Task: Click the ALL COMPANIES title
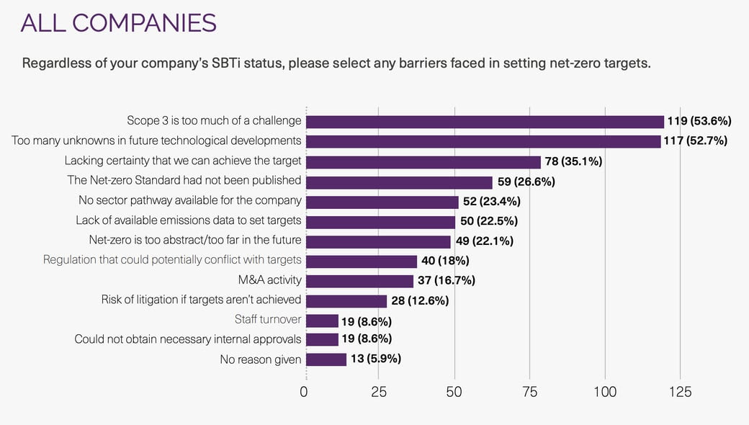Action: [x=118, y=23]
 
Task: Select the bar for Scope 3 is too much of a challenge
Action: [x=485, y=122]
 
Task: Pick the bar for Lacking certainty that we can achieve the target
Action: [x=423, y=161]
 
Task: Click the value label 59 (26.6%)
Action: [x=526, y=182]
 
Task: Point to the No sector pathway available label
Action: [x=189, y=201]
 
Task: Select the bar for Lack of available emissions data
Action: [x=381, y=221]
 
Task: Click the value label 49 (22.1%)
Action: [x=484, y=241]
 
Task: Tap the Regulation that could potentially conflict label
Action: [x=172, y=260]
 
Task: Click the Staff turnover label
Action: [x=268, y=319]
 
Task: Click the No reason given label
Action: [x=261, y=359]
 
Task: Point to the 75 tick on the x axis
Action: [x=529, y=392]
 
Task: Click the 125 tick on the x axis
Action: [x=680, y=392]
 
